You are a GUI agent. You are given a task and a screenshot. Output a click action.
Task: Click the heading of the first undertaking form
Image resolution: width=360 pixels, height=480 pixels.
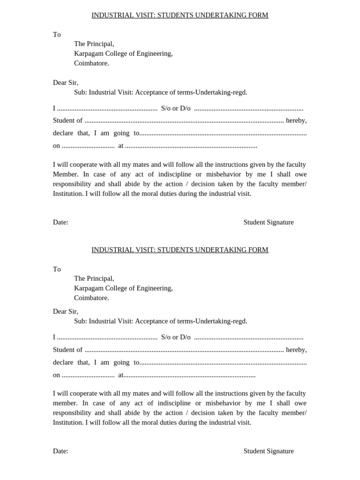click(180, 15)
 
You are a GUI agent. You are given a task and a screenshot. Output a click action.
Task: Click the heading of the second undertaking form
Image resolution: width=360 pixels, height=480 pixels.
click(180, 250)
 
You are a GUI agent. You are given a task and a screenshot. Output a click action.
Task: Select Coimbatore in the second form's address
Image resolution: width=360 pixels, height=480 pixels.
click(91, 298)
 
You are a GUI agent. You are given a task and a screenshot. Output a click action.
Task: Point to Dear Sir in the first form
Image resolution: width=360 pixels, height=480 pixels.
click(66, 82)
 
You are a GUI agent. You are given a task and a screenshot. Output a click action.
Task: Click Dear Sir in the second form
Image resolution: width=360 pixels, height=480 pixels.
click(66, 311)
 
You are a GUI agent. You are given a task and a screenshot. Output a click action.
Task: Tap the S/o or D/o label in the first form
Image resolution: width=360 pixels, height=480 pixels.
click(176, 108)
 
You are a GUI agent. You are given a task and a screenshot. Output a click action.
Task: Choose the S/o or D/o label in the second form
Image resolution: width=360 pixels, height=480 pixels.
click(176, 337)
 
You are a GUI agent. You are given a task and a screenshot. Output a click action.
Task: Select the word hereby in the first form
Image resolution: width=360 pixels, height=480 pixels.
click(296, 120)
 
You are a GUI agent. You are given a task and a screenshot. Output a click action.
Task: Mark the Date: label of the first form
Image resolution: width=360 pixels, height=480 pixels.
click(60, 222)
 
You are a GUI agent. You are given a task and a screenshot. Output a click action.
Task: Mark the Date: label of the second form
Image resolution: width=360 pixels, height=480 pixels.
click(60, 451)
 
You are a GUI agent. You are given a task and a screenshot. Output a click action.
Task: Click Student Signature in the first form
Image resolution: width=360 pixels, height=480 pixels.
click(268, 222)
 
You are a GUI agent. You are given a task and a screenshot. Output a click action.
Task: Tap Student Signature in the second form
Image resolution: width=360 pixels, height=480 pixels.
click(268, 451)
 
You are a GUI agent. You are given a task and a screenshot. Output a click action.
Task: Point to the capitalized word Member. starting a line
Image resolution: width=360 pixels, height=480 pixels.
click(66, 174)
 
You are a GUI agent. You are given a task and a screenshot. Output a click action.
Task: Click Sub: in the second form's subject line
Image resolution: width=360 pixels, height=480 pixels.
click(81, 321)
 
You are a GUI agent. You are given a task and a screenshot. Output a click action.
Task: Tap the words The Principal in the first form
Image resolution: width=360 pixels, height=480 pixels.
click(94, 44)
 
